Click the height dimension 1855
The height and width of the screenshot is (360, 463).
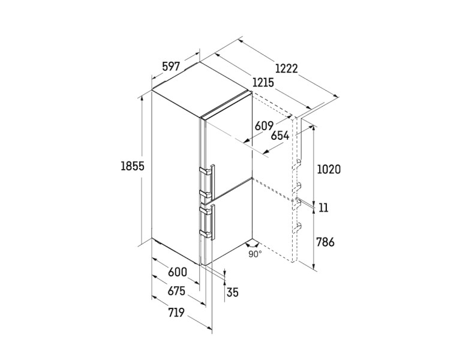point(133,167)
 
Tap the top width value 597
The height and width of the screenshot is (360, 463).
point(171,67)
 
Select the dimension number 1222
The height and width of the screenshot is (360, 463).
point(287,68)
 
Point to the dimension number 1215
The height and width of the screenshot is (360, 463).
point(263,82)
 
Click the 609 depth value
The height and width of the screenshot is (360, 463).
point(264,125)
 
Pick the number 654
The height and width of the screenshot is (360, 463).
point(280,136)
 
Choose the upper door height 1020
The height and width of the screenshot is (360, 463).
point(329,169)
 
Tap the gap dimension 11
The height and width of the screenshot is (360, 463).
point(324,208)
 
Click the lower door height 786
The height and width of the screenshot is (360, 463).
point(326,242)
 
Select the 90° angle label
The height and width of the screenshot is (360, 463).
point(255,254)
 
